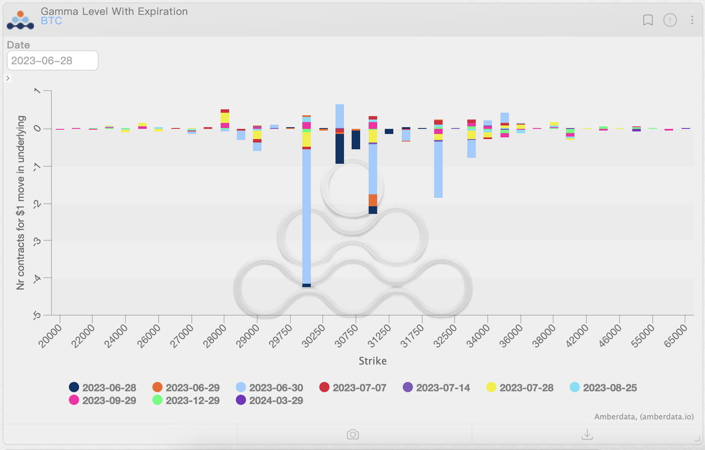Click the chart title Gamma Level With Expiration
click(x=114, y=12)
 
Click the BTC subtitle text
click(x=51, y=22)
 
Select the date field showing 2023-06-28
click(x=52, y=61)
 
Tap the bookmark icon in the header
click(x=648, y=20)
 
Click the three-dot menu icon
click(x=692, y=20)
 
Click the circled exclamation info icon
click(x=670, y=20)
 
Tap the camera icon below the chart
click(x=353, y=435)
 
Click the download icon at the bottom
click(x=587, y=435)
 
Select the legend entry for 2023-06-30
click(x=269, y=388)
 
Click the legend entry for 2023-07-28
click(x=520, y=388)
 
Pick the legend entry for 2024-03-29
click(x=269, y=400)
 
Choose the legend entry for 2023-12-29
click(x=186, y=400)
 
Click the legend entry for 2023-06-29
click(x=186, y=388)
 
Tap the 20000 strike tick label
click(x=51, y=335)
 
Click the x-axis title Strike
click(x=372, y=361)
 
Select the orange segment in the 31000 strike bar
click(x=373, y=200)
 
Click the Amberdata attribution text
click(x=643, y=417)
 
